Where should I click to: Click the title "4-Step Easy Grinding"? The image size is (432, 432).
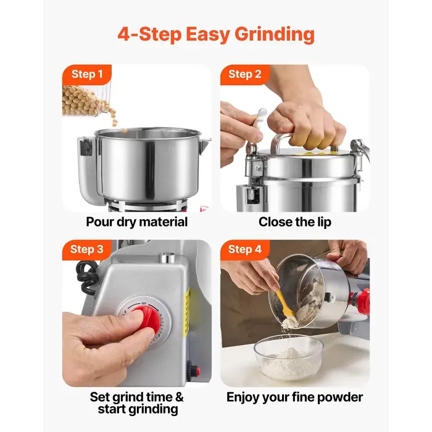tap(216, 33)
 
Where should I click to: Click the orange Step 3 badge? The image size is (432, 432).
tap(86, 249)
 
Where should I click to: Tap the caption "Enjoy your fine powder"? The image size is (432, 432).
tap(294, 397)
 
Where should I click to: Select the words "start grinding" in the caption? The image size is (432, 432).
tap(137, 409)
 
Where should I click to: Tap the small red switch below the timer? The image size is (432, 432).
tap(196, 371)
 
